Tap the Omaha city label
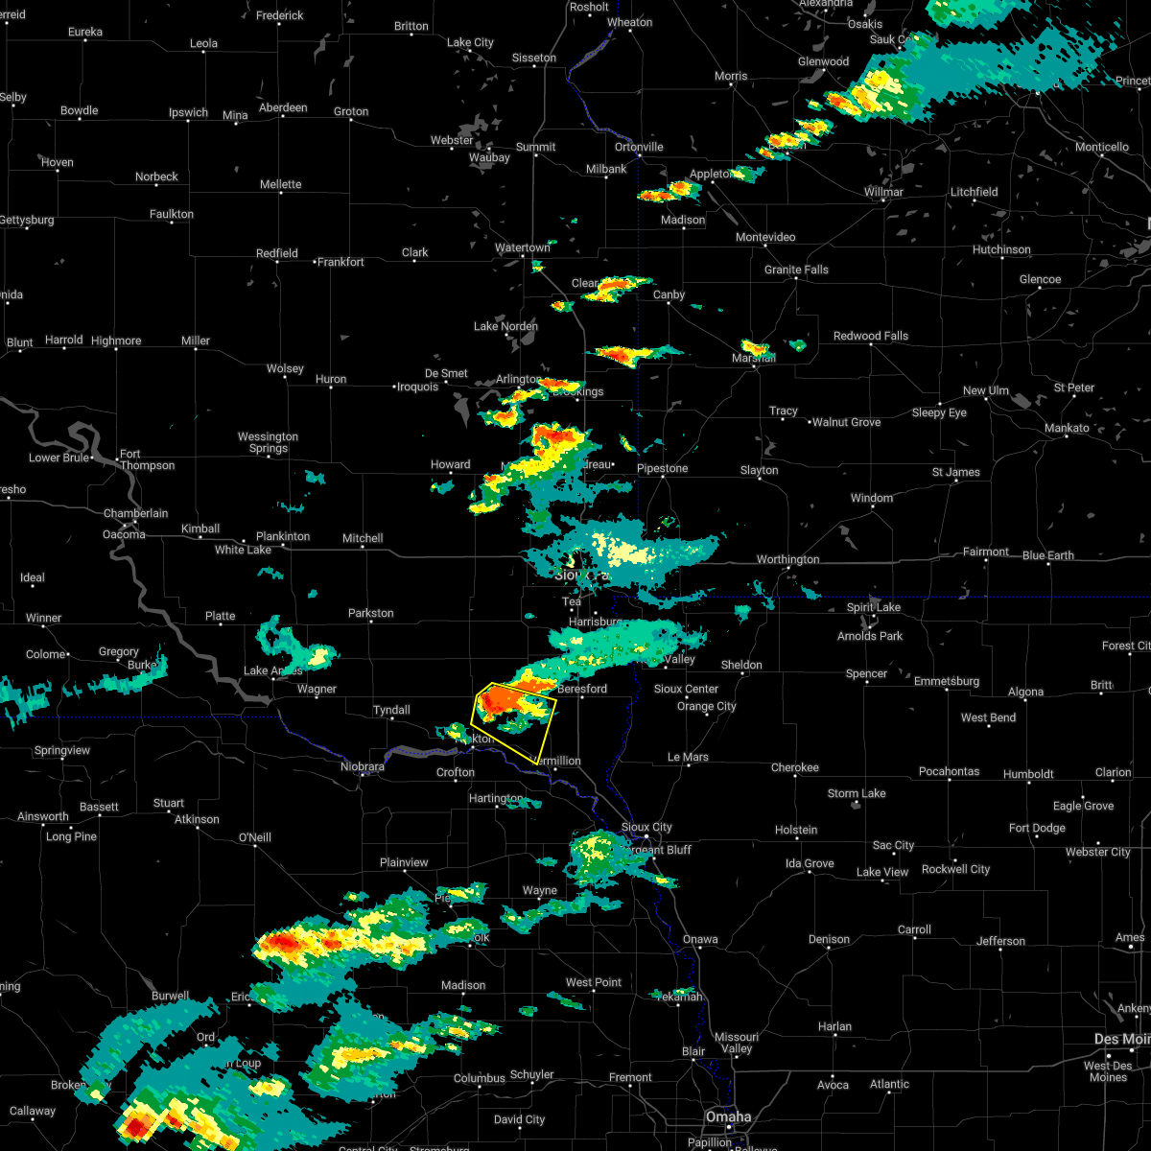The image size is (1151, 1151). (730, 1117)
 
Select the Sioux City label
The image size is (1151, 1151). (646, 827)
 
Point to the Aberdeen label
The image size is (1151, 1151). (283, 107)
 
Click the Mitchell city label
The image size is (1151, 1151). (363, 538)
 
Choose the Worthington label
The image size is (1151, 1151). (788, 559)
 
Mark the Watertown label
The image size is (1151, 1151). (523, 247)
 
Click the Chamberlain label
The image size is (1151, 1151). (135, 513)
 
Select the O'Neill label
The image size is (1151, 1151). (254, 837)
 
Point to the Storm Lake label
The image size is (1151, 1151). (857, 793)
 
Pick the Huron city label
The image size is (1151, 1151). (331, 379)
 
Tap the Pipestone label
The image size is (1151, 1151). (663, 468)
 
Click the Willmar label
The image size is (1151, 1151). (883, 192)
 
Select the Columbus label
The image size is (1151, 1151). (480, 1078)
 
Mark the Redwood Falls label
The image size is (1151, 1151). (871, 336)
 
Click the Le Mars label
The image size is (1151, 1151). (688, 757)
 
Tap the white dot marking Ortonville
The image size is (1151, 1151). (638, 156)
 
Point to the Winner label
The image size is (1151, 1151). (43, 618)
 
